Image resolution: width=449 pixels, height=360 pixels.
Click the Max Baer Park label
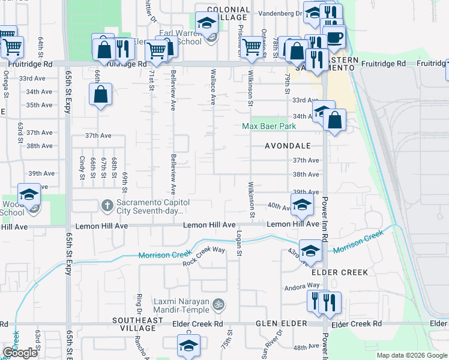tap(269, 127)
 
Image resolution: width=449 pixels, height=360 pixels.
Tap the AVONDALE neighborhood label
tap(288, 146)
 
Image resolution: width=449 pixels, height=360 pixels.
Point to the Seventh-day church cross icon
tap(107, 206)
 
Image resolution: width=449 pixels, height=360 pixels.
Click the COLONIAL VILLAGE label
tap(228, 14)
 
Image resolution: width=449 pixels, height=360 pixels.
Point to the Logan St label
tap(239, 244)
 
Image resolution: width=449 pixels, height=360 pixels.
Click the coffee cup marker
tap(335, 37)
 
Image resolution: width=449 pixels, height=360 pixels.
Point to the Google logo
tap(20, 353)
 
